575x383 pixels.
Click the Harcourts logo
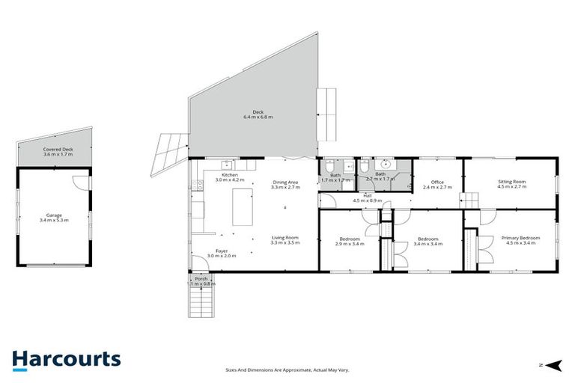coord(66,359)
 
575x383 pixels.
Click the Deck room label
coord(258,114)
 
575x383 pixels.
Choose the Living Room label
coord(285,240)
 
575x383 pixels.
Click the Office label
coord(437,184)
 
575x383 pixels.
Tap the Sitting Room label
coord(512,183)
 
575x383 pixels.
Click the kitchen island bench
coord(242,207)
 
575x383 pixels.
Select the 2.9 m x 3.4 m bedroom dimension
coord(349,244)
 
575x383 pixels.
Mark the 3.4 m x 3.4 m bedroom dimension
coord(427,244)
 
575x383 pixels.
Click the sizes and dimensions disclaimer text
coord(287,369)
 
